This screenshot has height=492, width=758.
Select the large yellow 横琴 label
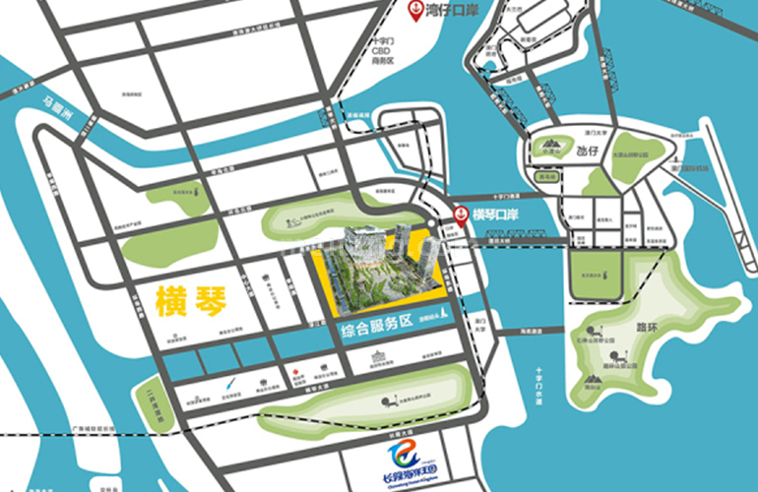tap(191, 300)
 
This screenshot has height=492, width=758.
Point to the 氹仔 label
tap(589, 152)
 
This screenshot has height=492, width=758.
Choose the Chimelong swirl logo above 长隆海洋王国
tap(404, 452)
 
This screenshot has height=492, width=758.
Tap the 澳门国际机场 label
tap(684, 168)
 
